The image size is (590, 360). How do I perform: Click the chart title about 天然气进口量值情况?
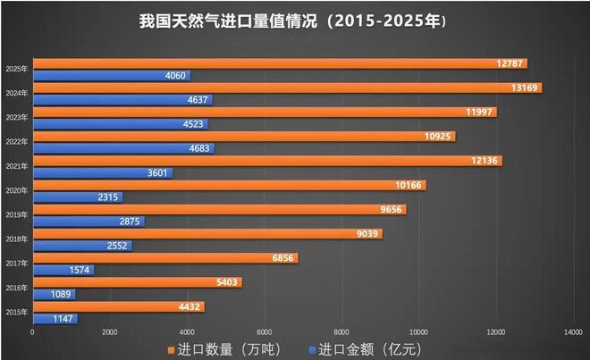(x=294, y=20)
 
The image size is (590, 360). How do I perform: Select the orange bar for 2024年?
(x=286, y=88)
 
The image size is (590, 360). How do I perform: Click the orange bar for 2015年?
(x=117, y=306)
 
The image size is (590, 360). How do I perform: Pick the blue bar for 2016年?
(x=54, y=294)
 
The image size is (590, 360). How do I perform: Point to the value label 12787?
(x=511, y=63)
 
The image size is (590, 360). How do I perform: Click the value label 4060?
(x=175, y=76)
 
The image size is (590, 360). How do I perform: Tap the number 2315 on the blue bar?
(x=108, y=197)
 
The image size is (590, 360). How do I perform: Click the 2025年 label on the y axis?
(x=15, y=69)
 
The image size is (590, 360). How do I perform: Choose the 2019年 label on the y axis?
(x=15, y=214)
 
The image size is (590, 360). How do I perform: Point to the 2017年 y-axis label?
(x=15, y=263)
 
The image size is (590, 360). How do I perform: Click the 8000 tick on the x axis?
(x=342, y=332)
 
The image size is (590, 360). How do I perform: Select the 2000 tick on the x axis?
(x=110, y=332)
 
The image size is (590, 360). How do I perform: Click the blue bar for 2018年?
(x=81, y=246)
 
